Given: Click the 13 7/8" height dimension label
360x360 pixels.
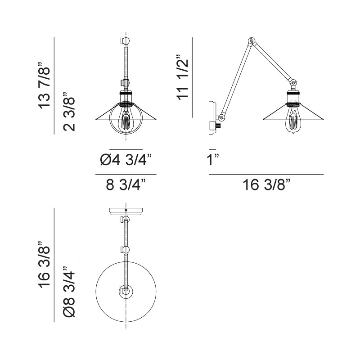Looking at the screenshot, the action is tap(44, 85).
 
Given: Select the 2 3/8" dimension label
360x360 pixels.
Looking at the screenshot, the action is tap(69, 112).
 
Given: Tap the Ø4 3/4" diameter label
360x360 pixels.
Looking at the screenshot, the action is tap(126, 160).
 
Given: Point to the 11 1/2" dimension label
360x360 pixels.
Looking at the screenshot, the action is tap(183, 77).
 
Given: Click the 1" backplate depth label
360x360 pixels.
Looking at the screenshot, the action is tap(212, 160).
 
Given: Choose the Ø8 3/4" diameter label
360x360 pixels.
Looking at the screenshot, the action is tap(69, 292).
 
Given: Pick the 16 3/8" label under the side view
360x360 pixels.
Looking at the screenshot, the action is tap(266, 185).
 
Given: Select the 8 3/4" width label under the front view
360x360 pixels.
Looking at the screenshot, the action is tap(126, 185).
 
